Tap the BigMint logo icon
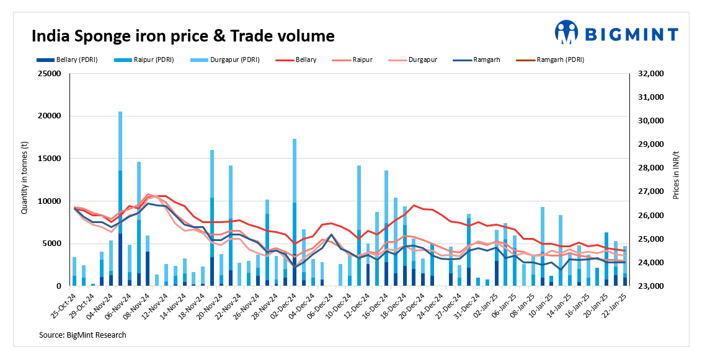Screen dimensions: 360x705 point(567,32)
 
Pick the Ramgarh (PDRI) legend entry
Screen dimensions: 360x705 point(560,60)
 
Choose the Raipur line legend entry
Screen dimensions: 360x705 point(362,60)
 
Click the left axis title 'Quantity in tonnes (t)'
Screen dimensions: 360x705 point(25,180)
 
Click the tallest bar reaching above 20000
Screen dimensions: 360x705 point(120,198)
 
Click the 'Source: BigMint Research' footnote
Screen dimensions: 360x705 point(82,335)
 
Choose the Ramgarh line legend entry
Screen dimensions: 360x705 point(486,60)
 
